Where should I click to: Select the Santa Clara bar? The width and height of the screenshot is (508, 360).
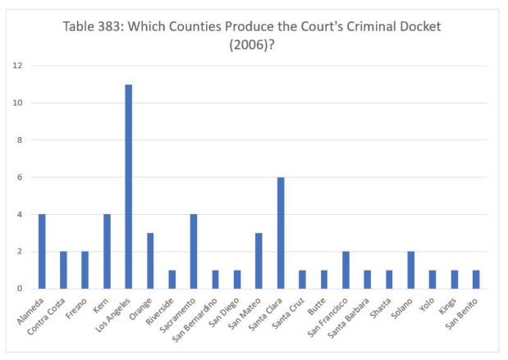[281, 233]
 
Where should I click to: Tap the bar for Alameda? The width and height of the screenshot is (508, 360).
[42, 252]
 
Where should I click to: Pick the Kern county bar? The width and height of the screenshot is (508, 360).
[107, 252]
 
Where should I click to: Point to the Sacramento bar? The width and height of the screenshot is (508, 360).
[194, 252]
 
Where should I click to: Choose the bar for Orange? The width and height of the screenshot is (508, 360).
[150, 261]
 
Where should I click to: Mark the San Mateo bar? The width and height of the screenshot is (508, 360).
[259, 261]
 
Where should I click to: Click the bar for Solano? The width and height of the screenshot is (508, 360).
[411, 271]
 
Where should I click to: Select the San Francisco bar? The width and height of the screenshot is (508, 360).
[346, 271]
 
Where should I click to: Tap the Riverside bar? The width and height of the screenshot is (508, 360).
[172, 280]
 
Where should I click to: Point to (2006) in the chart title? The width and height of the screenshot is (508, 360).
[252, 45]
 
